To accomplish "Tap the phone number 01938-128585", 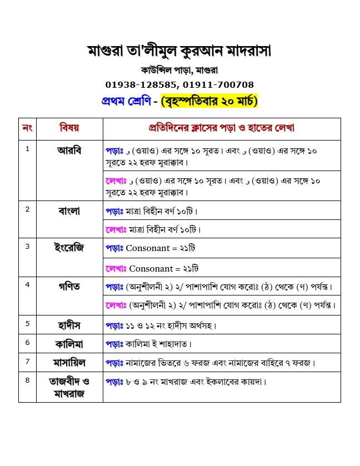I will pos(141,85).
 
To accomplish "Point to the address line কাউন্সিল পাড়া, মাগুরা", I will pos(179,71).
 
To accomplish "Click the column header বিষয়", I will pos(69,128).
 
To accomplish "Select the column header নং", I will pos(27,128).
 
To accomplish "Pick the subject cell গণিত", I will pos(69,286).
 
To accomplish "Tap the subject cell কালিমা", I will pos(69,343).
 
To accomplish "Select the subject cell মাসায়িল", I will pos(69,363).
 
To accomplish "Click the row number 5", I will pos(27,323).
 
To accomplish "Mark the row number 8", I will pos(27,380).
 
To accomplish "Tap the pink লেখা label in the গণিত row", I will pos(116,305).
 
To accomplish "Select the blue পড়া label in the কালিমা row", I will pos(116,344).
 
